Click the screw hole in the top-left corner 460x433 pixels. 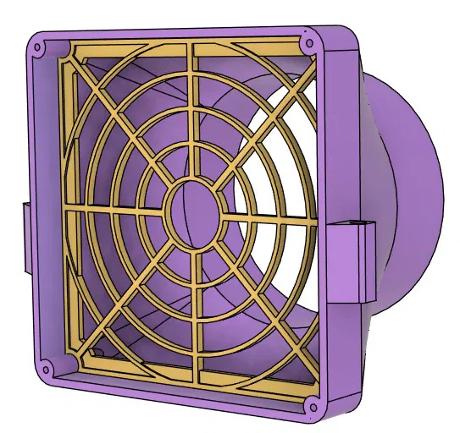(x=39, y=39)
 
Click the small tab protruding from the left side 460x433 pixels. (x=23, y=237)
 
